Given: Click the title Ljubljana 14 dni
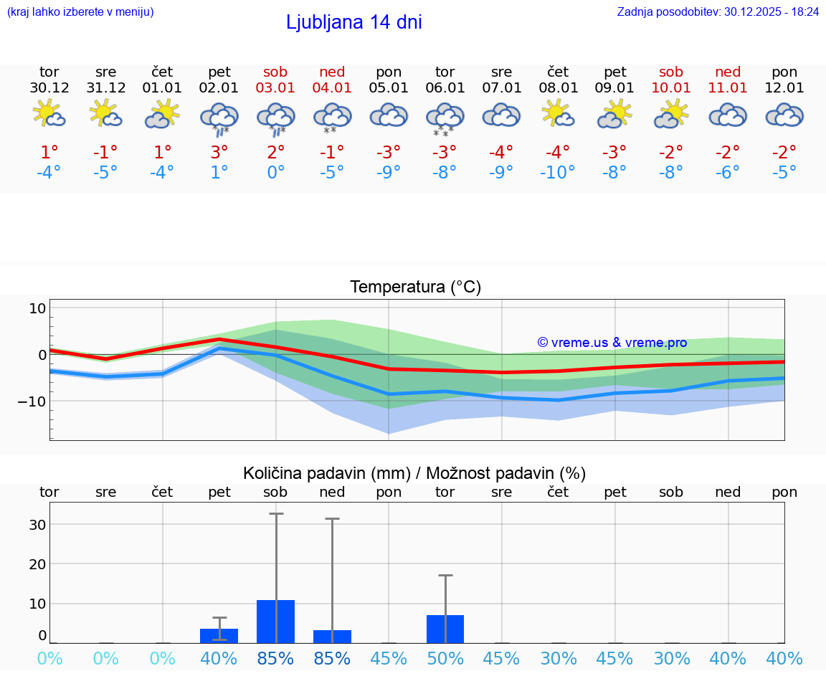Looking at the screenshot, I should pos(353,22).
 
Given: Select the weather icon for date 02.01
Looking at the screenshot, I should pos(219,118).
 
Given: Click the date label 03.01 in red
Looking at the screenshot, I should pos(275,88).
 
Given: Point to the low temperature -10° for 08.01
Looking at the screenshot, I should pos(558,173).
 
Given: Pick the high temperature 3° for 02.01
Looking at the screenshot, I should pos(219,151).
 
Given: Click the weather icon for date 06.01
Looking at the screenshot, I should pos(445,118).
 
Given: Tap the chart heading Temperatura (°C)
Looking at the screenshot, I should pos(415,287).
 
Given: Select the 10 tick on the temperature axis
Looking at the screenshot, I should pos(37,308).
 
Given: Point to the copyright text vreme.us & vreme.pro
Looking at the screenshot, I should pos(612,343).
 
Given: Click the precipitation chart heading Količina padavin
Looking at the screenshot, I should pos(414,473).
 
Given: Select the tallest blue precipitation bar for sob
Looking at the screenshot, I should pos(276,621).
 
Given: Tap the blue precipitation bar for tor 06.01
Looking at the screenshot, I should pos(445,629).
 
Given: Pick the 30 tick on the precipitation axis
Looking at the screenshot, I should pos(37,525).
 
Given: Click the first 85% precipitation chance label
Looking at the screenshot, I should pos(275,658).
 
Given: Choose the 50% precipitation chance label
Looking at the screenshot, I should pos(445,658).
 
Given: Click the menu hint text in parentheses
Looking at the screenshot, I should pos(80,11).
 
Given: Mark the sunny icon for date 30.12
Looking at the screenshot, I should pos(49,115).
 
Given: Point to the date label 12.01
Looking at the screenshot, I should pos(784,88).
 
